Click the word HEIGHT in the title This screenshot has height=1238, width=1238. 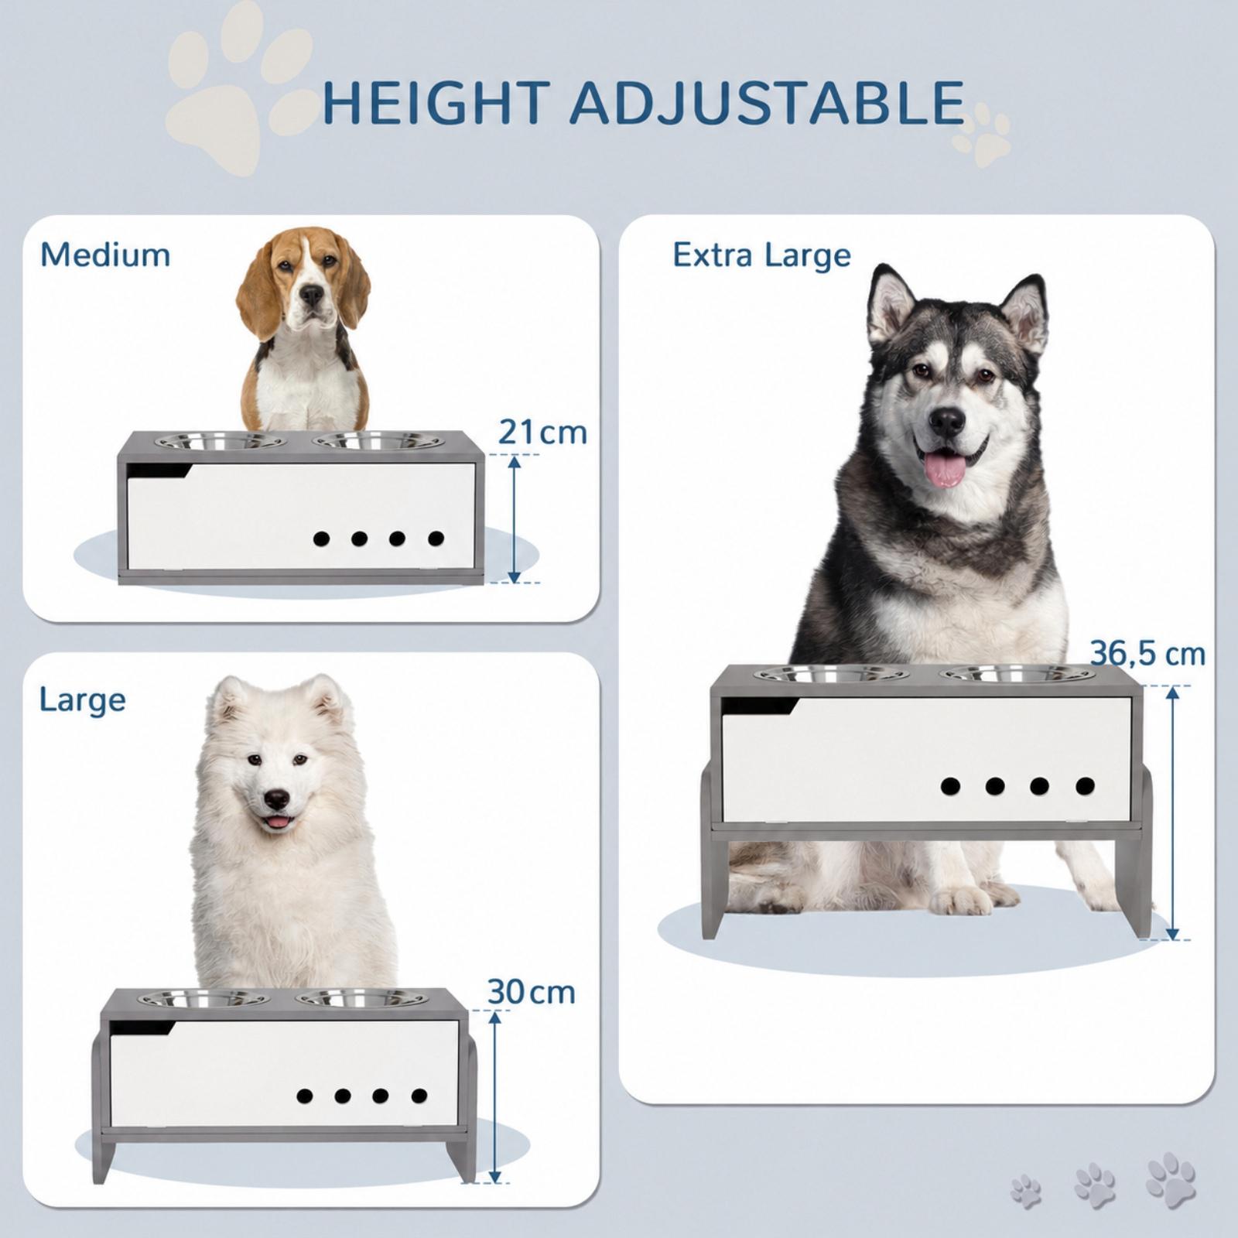coord(437,102)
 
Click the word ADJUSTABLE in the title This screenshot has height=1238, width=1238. coord(768,102)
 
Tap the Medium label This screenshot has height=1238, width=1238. coord(105,255)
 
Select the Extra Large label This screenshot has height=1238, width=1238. coord(761,255)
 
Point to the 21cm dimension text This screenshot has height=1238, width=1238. coord(542,432)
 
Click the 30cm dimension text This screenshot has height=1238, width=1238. coord(531,992)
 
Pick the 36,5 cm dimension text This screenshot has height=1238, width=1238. coord(1147,654)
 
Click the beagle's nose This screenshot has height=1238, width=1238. coord(312,294)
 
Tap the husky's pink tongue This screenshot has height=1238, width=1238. coord(946,469)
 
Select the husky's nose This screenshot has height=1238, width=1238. coord(947,420)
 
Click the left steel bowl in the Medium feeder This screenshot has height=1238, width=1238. coord(221,442)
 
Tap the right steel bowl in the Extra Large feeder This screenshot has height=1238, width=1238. coord(1017,673)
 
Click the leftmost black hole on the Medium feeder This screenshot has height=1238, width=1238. coord(321,539)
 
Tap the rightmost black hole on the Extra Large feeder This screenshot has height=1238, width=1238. coord(1085,786)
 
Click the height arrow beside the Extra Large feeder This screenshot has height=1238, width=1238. coord(1173,812)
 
